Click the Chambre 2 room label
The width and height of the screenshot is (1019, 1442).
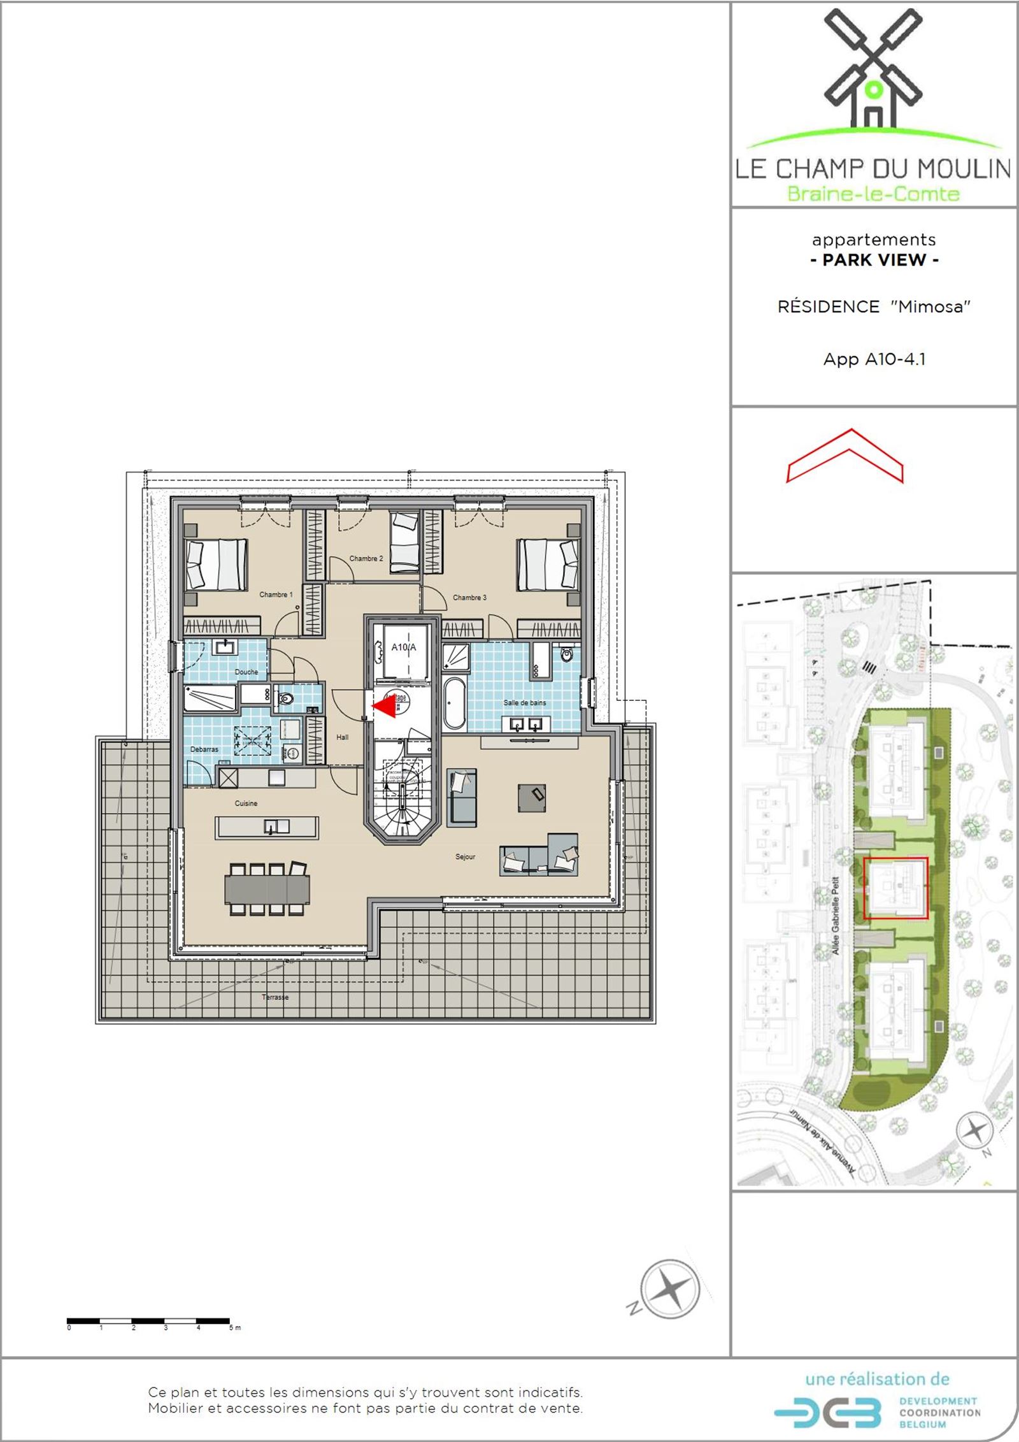(x=366, y=559)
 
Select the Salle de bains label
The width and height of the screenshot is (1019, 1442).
(x=525, y=703)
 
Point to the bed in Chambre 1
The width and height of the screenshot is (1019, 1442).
(x=217, y=565)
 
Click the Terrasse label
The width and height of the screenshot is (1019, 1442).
(x=275, y=997)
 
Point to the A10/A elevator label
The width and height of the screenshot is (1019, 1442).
(x=404, y=647)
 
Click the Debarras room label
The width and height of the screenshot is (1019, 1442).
(x=204, y=749)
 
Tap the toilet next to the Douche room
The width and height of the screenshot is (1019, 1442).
(x=285, y=700)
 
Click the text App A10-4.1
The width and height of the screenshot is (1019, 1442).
(x=874, y=359)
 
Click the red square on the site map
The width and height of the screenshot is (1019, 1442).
(x=895, y=888)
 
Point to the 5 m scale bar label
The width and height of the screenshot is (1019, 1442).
(x=235, y=1328)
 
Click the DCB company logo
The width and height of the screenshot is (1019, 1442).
(x=828, y=1413)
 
